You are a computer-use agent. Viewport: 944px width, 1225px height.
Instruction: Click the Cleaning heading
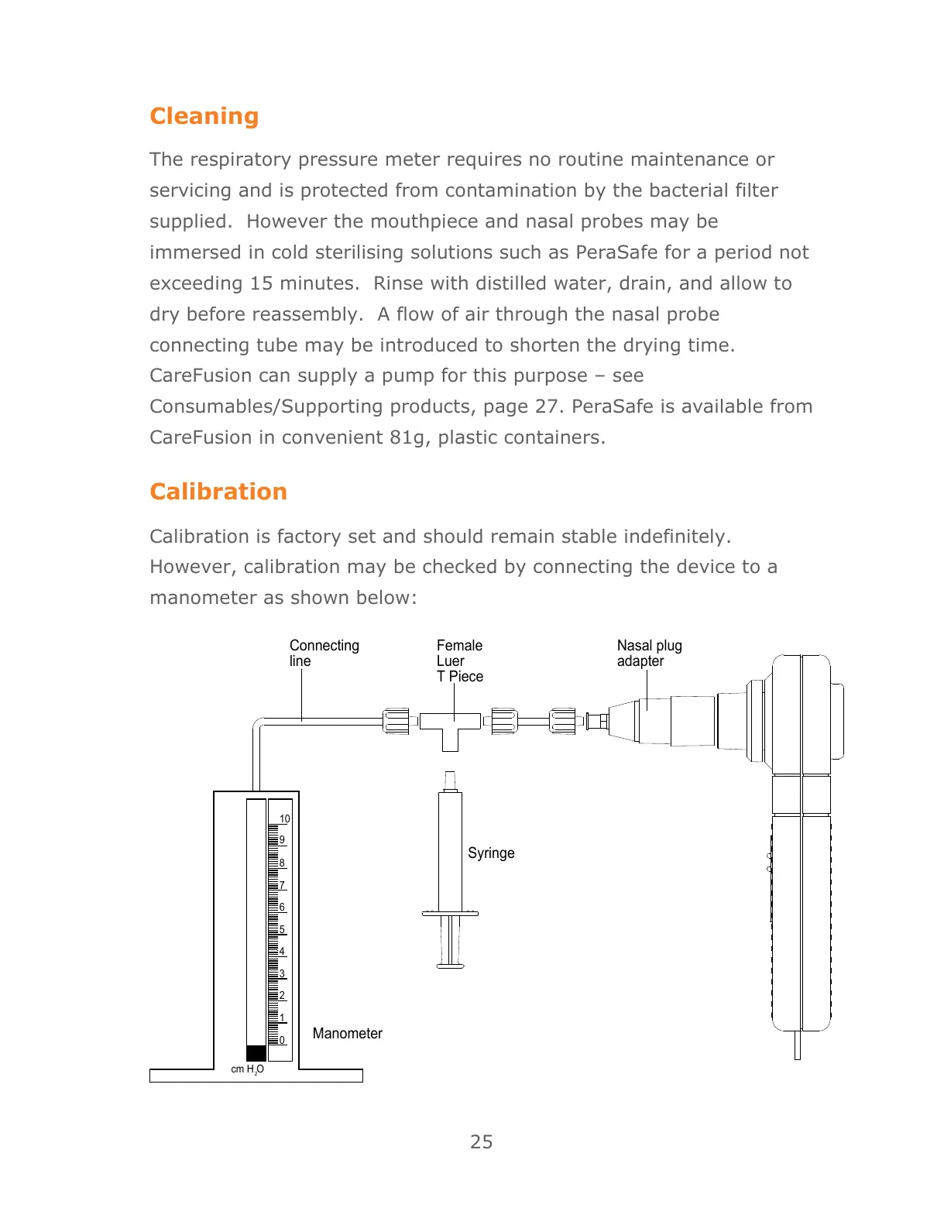[204, 116]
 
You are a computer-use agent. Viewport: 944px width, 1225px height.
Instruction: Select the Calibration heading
[218, 492]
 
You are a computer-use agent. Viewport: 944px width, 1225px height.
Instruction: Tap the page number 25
[481, 1141]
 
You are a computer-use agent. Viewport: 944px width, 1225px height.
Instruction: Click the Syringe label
[491, 853]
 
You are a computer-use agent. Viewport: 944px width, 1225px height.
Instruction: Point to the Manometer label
[347, 1033]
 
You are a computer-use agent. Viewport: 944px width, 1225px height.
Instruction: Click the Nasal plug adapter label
[649, 653]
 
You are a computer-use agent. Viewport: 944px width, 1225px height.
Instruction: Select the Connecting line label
[324, 653]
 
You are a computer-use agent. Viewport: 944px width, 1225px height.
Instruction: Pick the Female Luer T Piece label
[459, 661]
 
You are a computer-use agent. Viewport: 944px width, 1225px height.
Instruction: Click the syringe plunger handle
[450, 965]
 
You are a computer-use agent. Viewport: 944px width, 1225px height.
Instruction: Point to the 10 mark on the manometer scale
[285, 818]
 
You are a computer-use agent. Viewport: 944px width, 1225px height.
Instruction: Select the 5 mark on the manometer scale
[282, 929]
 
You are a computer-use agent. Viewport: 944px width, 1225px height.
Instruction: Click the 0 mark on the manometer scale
[282, 1040]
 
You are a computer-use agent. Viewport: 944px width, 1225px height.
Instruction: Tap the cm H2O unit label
[247, 1069]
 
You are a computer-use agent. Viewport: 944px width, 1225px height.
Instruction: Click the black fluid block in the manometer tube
[256, 1053]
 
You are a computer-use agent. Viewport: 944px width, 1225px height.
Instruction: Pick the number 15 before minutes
[261, 283]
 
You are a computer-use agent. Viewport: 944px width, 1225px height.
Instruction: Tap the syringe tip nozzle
[450, 777]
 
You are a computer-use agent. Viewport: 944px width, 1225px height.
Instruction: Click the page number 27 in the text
[548, 407]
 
